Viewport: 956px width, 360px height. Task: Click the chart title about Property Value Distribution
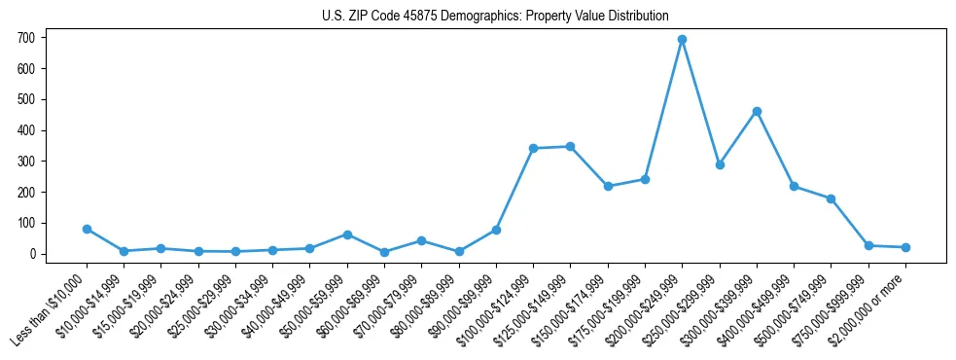click(495, 16)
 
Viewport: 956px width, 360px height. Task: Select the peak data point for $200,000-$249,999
click(682, 40)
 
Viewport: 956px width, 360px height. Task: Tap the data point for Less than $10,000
click(87, 230)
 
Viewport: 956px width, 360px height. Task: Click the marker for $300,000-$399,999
click(757, 112)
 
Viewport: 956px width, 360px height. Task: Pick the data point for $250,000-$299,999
click(720, 165)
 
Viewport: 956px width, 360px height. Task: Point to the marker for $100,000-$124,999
click(533, 149)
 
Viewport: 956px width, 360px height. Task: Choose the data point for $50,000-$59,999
click(347, 234)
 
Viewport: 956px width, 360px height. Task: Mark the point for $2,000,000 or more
click(905, 247)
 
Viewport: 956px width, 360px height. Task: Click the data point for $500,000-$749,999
click(831, 198)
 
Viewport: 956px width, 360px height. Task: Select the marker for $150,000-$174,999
click(608, 186)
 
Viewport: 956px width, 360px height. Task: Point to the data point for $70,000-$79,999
click(421, 240)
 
